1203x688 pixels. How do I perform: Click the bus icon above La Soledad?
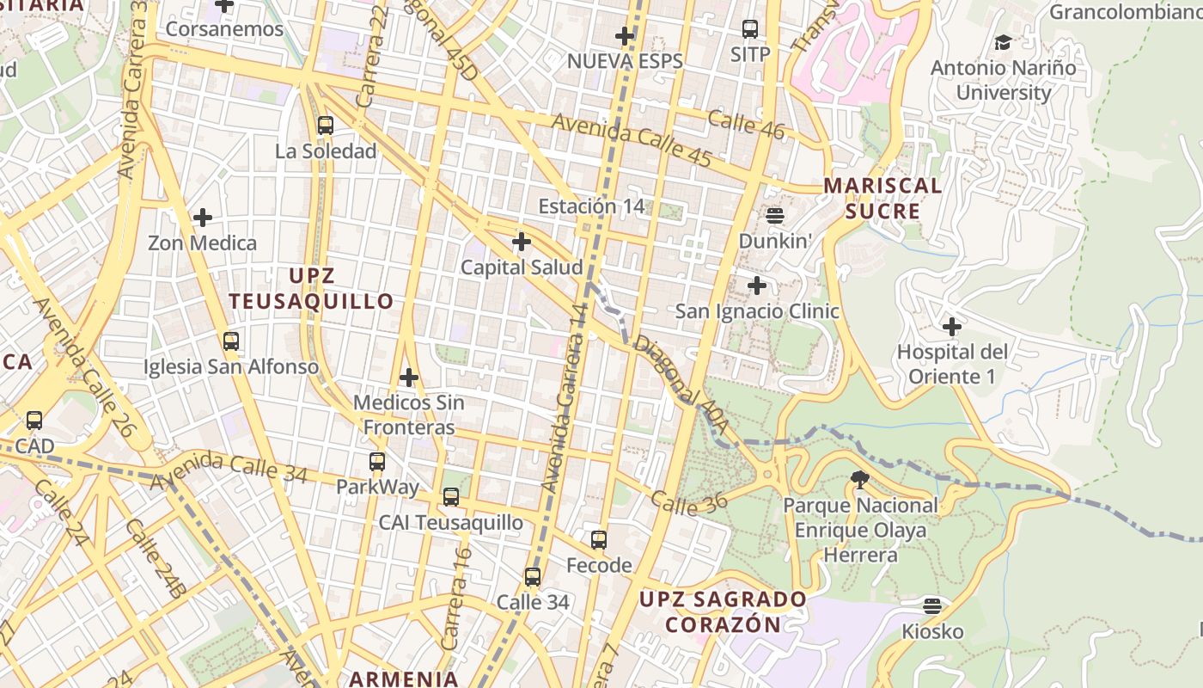tap(325, 126)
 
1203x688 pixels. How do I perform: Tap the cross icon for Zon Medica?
tap(203, 218)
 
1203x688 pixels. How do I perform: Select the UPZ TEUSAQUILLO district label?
tap(312, 289)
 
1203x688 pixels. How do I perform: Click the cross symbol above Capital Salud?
tap(522, 242)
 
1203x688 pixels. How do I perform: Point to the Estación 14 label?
tap(591, 206)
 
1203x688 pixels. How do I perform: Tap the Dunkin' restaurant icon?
tap(775, 215)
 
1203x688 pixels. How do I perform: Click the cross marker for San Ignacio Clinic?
tap(757, 286)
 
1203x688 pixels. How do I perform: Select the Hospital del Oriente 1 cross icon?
tap(951, 327)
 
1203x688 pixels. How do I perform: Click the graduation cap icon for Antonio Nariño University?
tap(1003, 42)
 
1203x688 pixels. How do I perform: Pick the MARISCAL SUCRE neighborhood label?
tap(882, 199)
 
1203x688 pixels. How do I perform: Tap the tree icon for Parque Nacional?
tap(859, 480)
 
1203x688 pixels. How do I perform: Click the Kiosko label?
tap(932, 632)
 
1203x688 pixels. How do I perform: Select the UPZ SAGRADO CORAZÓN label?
tap(723, 611)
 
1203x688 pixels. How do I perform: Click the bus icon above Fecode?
tap(599, 540)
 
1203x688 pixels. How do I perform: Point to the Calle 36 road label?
tap(688, 502)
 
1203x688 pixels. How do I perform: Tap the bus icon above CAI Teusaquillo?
tap(451, 497)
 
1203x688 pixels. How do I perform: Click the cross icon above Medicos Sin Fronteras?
tap(409, 377)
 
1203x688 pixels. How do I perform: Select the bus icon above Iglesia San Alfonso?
tap(230, 341)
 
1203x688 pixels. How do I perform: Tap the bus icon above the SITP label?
tap(750, 29)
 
